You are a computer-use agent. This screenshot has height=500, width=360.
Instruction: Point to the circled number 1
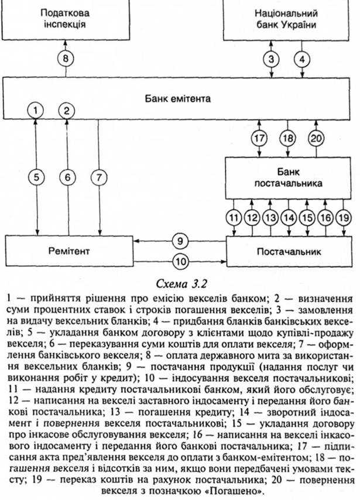37,109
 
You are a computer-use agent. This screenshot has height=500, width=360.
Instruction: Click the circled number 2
68,109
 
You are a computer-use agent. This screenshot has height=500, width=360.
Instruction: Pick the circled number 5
37,177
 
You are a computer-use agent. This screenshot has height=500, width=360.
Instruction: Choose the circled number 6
68,177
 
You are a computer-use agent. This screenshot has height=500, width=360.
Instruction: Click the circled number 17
259,139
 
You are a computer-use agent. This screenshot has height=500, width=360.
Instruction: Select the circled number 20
317,139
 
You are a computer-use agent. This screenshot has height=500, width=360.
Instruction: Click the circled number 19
344,217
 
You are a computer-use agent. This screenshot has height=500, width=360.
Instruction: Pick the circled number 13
271,217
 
